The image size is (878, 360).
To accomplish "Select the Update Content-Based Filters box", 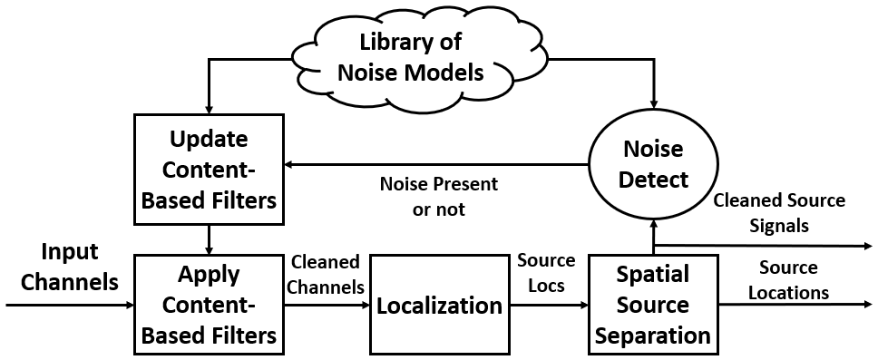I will tap(210, 169).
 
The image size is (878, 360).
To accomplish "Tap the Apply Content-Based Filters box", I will tap(210, 305).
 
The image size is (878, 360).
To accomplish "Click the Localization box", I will tap(439, 305).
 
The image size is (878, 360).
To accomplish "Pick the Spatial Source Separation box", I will tap(652, 305).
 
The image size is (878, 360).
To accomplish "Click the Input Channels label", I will tap(70, 267).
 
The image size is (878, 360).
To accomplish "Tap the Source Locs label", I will tap(546, 273).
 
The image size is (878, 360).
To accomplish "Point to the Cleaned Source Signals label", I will tap(779, 212).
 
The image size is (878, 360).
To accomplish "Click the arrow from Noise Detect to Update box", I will tap(435, 165).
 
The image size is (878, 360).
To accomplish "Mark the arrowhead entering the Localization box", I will tap(364, 306).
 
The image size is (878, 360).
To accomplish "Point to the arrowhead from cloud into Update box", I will tap(210, 105).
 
